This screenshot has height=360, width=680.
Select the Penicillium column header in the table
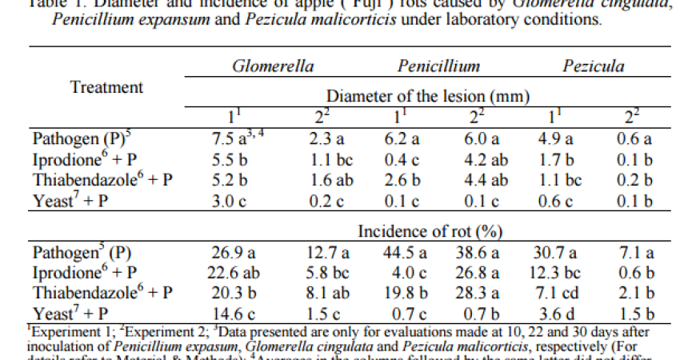click(438, 67)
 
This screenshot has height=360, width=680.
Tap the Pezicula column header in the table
click(593, 67)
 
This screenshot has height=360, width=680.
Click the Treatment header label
click(106, 86)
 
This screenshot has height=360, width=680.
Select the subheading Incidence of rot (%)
click(430, 232)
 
